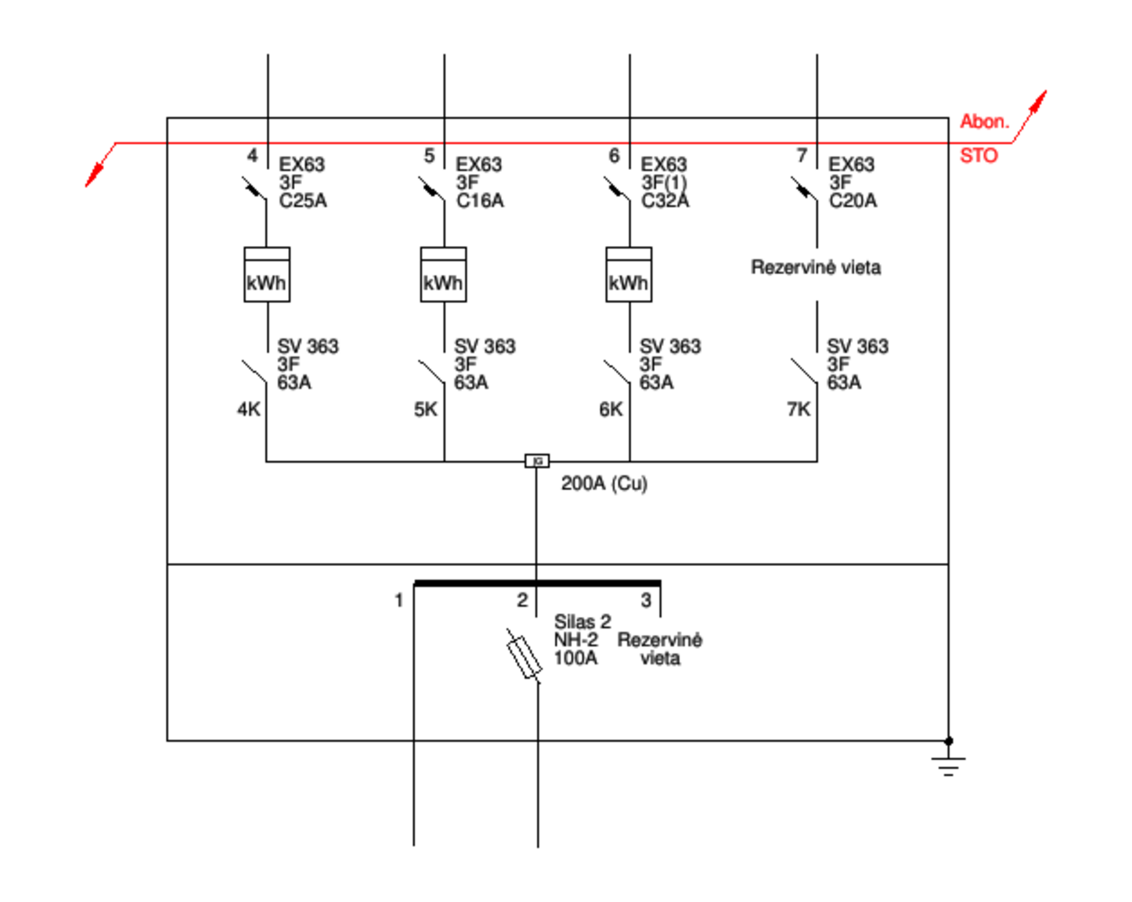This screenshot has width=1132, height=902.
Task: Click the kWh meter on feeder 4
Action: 267,274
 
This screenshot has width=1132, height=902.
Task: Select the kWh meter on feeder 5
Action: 443,274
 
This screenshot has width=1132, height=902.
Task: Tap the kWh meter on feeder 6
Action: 629,274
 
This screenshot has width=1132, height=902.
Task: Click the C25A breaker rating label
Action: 303,200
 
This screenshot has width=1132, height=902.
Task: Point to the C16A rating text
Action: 480,200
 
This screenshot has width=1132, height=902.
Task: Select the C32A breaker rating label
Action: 665,200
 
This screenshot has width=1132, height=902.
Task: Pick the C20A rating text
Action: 853,200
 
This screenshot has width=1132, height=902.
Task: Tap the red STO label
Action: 979,156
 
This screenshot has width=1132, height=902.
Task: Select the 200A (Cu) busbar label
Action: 604,483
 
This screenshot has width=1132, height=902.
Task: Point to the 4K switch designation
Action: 249,409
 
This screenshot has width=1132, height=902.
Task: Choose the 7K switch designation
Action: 799,409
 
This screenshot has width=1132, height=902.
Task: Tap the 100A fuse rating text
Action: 576,658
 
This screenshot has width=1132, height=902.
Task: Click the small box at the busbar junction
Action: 537,461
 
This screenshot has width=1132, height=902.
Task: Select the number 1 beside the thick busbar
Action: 399,600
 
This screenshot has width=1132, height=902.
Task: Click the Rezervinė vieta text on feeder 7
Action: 816,267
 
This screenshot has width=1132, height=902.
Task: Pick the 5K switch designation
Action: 426,409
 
